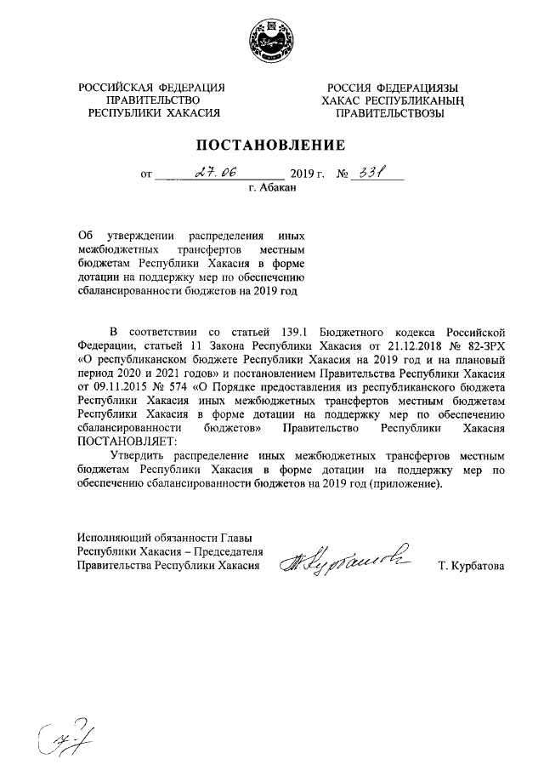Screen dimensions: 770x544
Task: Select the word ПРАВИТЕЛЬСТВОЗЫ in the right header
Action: pyautogui.click(x=391, y=112)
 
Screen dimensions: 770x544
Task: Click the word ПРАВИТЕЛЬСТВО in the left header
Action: pyautogui.click(x=152, y=100)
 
